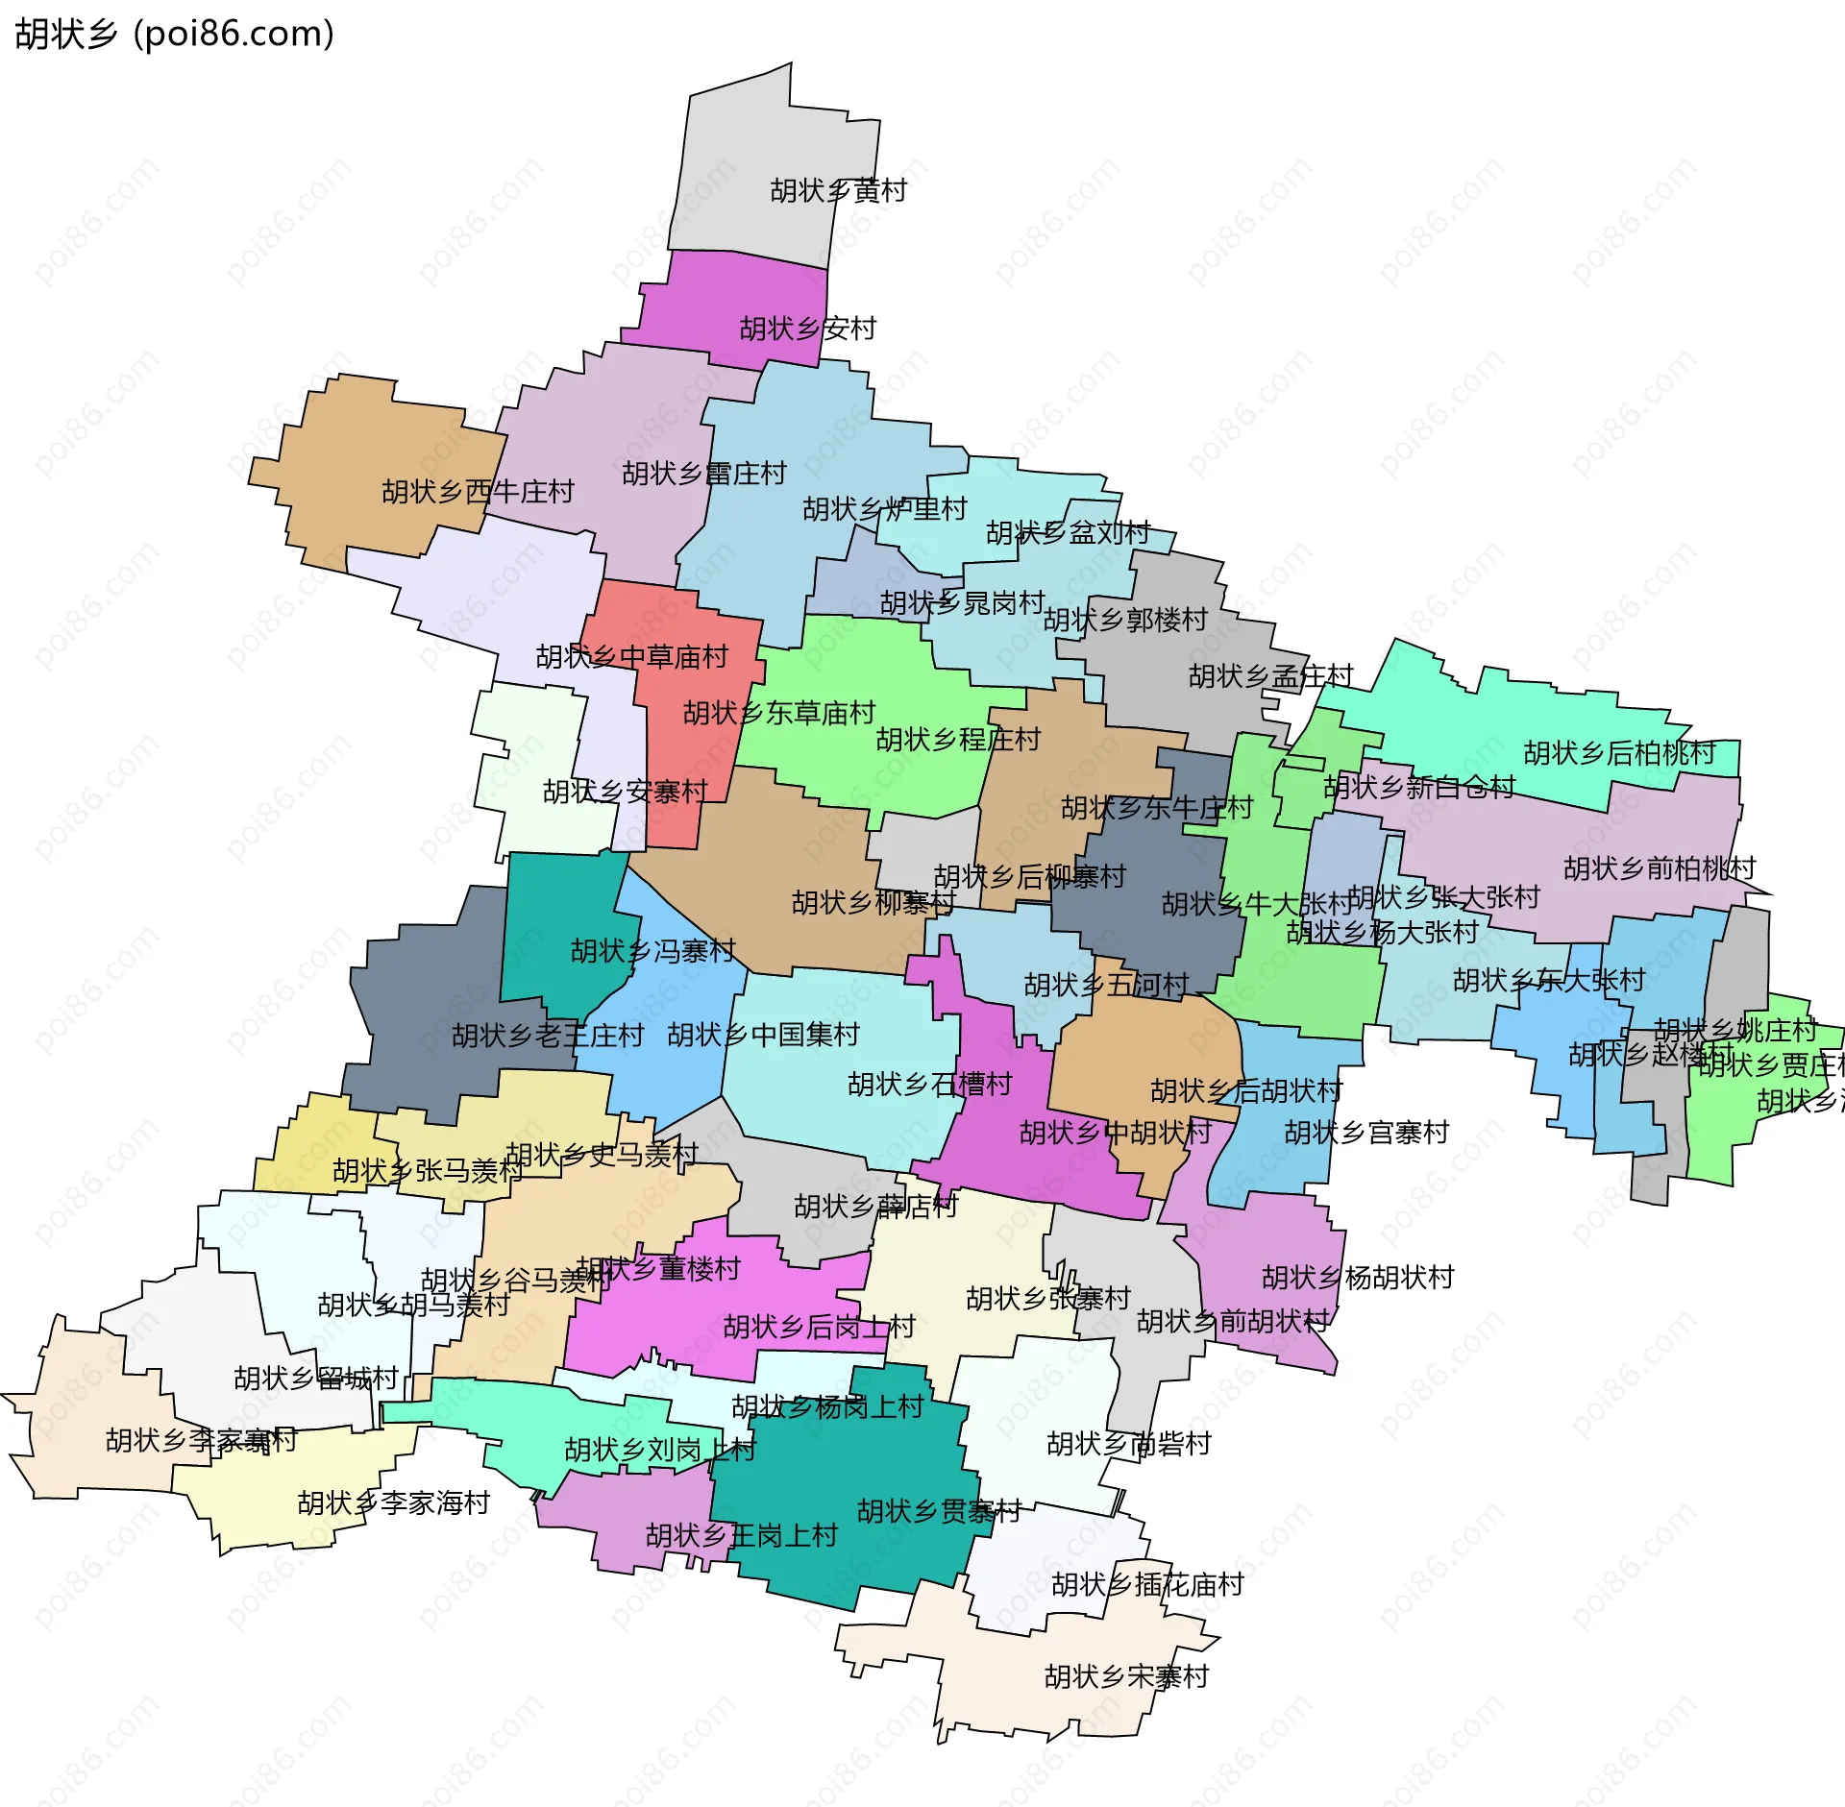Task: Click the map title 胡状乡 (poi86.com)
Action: click(x=175, y=34)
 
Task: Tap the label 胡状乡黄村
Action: click(x=838, y=190)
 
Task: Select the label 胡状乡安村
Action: click(x=807, y=329)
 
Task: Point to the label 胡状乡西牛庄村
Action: click(x=478, y=492)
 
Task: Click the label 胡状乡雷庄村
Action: click(x=703, y=474)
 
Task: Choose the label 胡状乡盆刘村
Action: click(x=1068, y=532)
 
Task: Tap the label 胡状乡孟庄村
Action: click(x=1270, y=676)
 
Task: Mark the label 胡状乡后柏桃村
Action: click(x=1619, y=753)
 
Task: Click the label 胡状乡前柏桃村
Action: click(x=1660, y=868)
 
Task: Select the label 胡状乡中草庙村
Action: click(x=631, y=657)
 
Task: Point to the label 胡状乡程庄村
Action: click(x=958, y=740)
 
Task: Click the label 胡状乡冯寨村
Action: click(x=652, y=951)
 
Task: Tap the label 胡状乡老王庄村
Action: click(x=548, y=1036)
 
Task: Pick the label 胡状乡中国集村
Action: click(x=763, y=1035)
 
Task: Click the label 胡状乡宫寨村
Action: click(x=1366, y=1133)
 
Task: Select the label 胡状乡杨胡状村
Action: click(x=1358, y=1278)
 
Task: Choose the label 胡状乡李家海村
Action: click(x=394, y=1502)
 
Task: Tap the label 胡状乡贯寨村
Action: click(x=938, y=1511)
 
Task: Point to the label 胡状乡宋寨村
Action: click(x=1126, y=1676)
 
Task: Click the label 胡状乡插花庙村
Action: click(x=1147, y=1584)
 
